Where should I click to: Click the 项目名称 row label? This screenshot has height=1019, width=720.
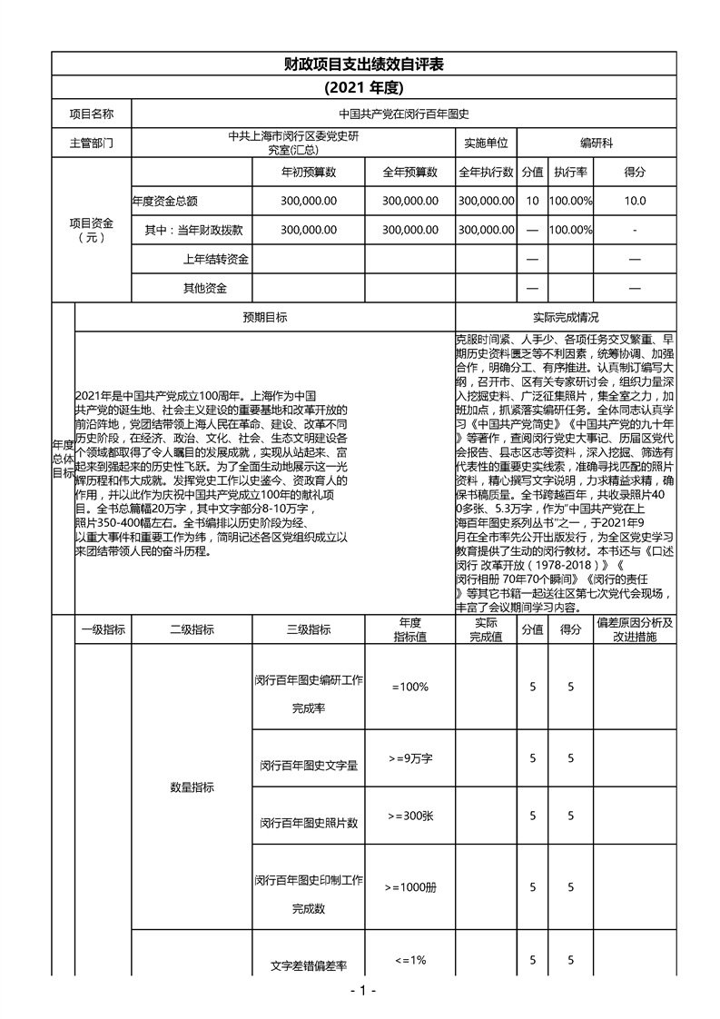tap(92, 114)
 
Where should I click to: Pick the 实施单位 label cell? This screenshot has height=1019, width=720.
tap(486, 143)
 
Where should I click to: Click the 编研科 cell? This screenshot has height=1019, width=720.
tap(597, 143)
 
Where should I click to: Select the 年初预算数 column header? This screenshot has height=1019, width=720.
tap(309, 172)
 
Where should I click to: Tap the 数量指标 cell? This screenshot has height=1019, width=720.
tap(192, 787)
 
